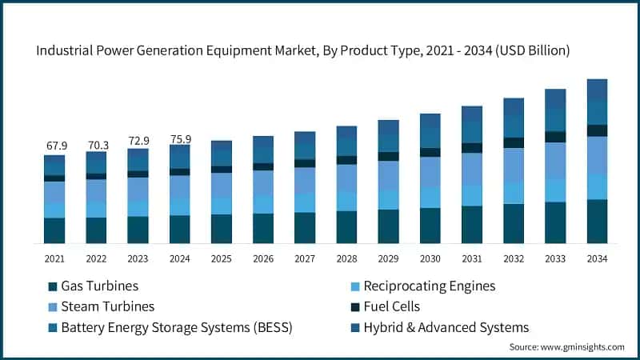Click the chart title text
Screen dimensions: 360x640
click(303, 50)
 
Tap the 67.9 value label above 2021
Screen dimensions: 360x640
click(54, 146)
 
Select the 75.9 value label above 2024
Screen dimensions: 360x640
click(180, 139)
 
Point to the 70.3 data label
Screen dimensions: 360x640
click(96, 145)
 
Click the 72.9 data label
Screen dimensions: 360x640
click(138, 142)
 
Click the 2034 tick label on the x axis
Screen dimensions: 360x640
click(597, 258)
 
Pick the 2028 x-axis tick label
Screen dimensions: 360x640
click(346, 258)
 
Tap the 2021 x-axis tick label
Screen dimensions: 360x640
click(54, 258)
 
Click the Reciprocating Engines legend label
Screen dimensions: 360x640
click(429, 286)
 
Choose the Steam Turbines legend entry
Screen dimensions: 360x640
click(110, 306)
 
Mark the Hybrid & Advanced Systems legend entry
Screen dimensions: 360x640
click(446, 327)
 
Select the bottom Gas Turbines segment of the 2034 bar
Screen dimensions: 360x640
click(597, 222)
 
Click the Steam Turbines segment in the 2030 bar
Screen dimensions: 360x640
click(430, 172)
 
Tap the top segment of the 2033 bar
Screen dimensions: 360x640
click(555, 98)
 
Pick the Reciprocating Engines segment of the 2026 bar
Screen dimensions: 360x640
click(263, 204)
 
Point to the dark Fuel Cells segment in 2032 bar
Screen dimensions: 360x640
click(514, 142)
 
